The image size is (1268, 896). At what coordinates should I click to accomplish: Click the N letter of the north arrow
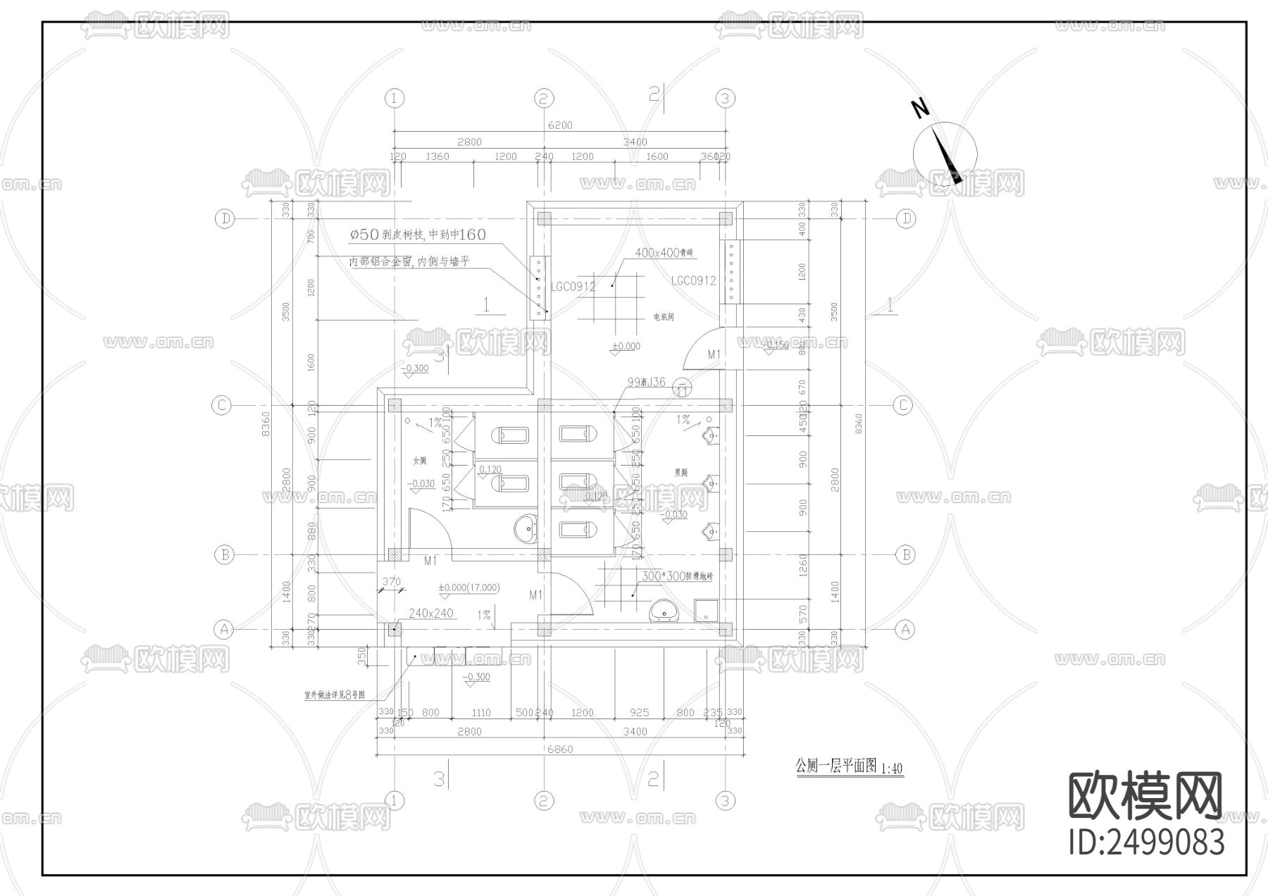[920, 108]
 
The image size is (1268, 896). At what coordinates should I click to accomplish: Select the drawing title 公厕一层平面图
[835, 766]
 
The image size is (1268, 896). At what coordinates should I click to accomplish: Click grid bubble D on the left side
[224, 219]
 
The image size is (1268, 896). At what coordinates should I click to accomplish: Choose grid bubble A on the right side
[905, 629]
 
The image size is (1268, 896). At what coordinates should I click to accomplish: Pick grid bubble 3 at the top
[726, 99]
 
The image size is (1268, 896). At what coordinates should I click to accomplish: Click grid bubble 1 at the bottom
[394, 800]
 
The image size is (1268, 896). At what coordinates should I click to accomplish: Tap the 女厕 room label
[420, 461]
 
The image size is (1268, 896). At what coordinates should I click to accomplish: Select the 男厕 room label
[680, 473]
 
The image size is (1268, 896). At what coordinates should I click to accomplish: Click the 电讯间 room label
[664, 318]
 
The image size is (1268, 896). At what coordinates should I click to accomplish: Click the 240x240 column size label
[430, 614]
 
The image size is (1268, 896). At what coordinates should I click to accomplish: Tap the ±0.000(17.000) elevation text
[468, 588]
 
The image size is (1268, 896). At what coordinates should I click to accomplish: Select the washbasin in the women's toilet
[526, 530]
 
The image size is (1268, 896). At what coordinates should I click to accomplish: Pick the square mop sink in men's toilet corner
[706, 611]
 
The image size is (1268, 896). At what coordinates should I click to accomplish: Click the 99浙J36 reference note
[646, 382]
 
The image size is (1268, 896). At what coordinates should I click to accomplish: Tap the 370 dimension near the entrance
[391, 582]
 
